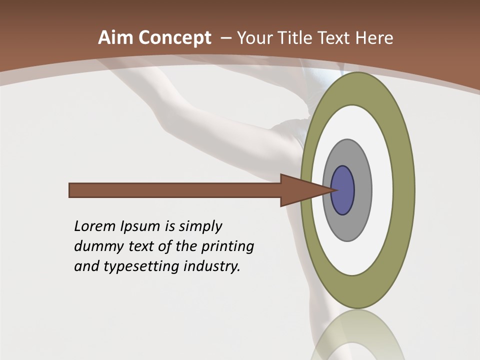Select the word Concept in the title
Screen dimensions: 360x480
click(x=175, y=38)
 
